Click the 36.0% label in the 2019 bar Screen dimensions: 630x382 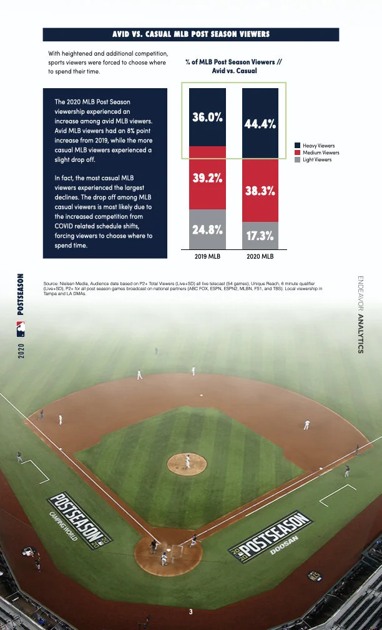tap(207, 117)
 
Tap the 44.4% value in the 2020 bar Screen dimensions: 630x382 tap(260, 124)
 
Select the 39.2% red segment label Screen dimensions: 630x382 tap(207, 177)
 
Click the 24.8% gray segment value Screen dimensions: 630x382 tap(207, 229)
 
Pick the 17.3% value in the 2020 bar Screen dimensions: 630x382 tap(260, 236)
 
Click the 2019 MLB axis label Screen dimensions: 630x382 tap(207, 256)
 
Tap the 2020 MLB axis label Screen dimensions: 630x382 tap(260, 256)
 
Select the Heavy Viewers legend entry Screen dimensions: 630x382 tap(318, 146)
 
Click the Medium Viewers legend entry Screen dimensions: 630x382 tap(320, 152)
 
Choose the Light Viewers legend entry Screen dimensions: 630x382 tap(317, 159)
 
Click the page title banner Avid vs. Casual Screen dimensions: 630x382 tap(190, 34)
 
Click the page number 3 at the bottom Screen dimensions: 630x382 tap(191, 611)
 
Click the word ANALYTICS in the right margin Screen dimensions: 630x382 tap(360, 334)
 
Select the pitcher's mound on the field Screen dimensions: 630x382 tap(187, 463)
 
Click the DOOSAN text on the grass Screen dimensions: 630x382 tap(284, 546)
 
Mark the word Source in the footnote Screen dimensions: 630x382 tap(51, 283)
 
